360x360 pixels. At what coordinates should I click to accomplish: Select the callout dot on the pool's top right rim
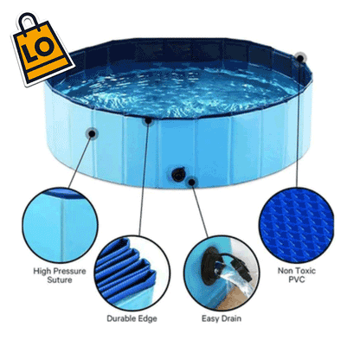299,58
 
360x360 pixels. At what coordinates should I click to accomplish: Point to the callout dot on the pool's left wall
92,133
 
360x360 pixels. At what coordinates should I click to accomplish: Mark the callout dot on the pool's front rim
148,120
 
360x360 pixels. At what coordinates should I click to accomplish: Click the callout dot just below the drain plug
191,182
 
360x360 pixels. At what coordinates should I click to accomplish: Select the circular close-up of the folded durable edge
132,270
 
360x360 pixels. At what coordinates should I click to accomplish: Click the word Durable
120,318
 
